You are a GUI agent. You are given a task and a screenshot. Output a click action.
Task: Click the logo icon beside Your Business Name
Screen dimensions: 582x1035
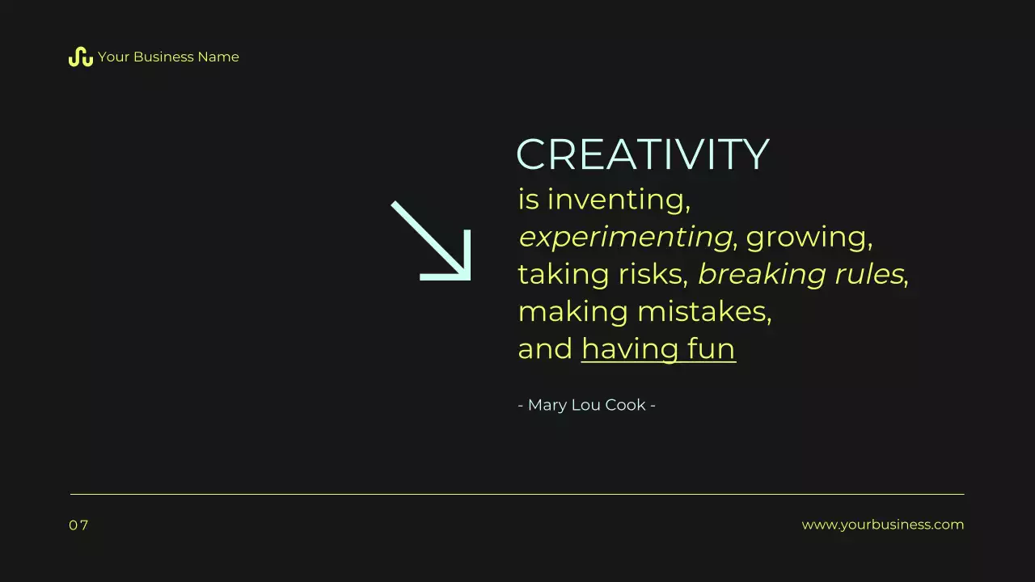point(80,57)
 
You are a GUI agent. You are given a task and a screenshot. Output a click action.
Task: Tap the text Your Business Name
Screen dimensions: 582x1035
point(168,57)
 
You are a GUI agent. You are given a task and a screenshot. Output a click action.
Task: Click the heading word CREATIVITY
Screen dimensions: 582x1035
point(642,154)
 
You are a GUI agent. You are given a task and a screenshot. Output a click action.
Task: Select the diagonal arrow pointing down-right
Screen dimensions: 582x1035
point(432,241)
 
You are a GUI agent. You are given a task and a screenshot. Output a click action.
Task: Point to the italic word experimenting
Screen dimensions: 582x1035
point(625,237)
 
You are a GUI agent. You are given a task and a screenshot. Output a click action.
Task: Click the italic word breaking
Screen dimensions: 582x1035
point(758,275)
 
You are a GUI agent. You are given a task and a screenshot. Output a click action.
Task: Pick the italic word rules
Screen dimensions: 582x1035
point(864,274)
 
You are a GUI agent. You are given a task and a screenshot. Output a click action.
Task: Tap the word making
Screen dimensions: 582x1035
point(572,312)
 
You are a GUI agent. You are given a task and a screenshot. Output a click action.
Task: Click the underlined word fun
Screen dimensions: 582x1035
point(712,349)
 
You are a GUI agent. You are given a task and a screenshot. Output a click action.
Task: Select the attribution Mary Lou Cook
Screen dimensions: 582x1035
point(586,405)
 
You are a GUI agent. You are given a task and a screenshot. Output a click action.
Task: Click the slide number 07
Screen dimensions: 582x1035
point(78,525)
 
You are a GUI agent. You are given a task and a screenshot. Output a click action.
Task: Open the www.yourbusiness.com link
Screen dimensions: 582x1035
point(882,525)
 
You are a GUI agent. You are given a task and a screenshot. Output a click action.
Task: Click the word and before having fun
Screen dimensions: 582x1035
point(544,349)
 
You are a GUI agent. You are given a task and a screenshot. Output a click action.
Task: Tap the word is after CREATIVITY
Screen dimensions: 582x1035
point(527,199)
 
